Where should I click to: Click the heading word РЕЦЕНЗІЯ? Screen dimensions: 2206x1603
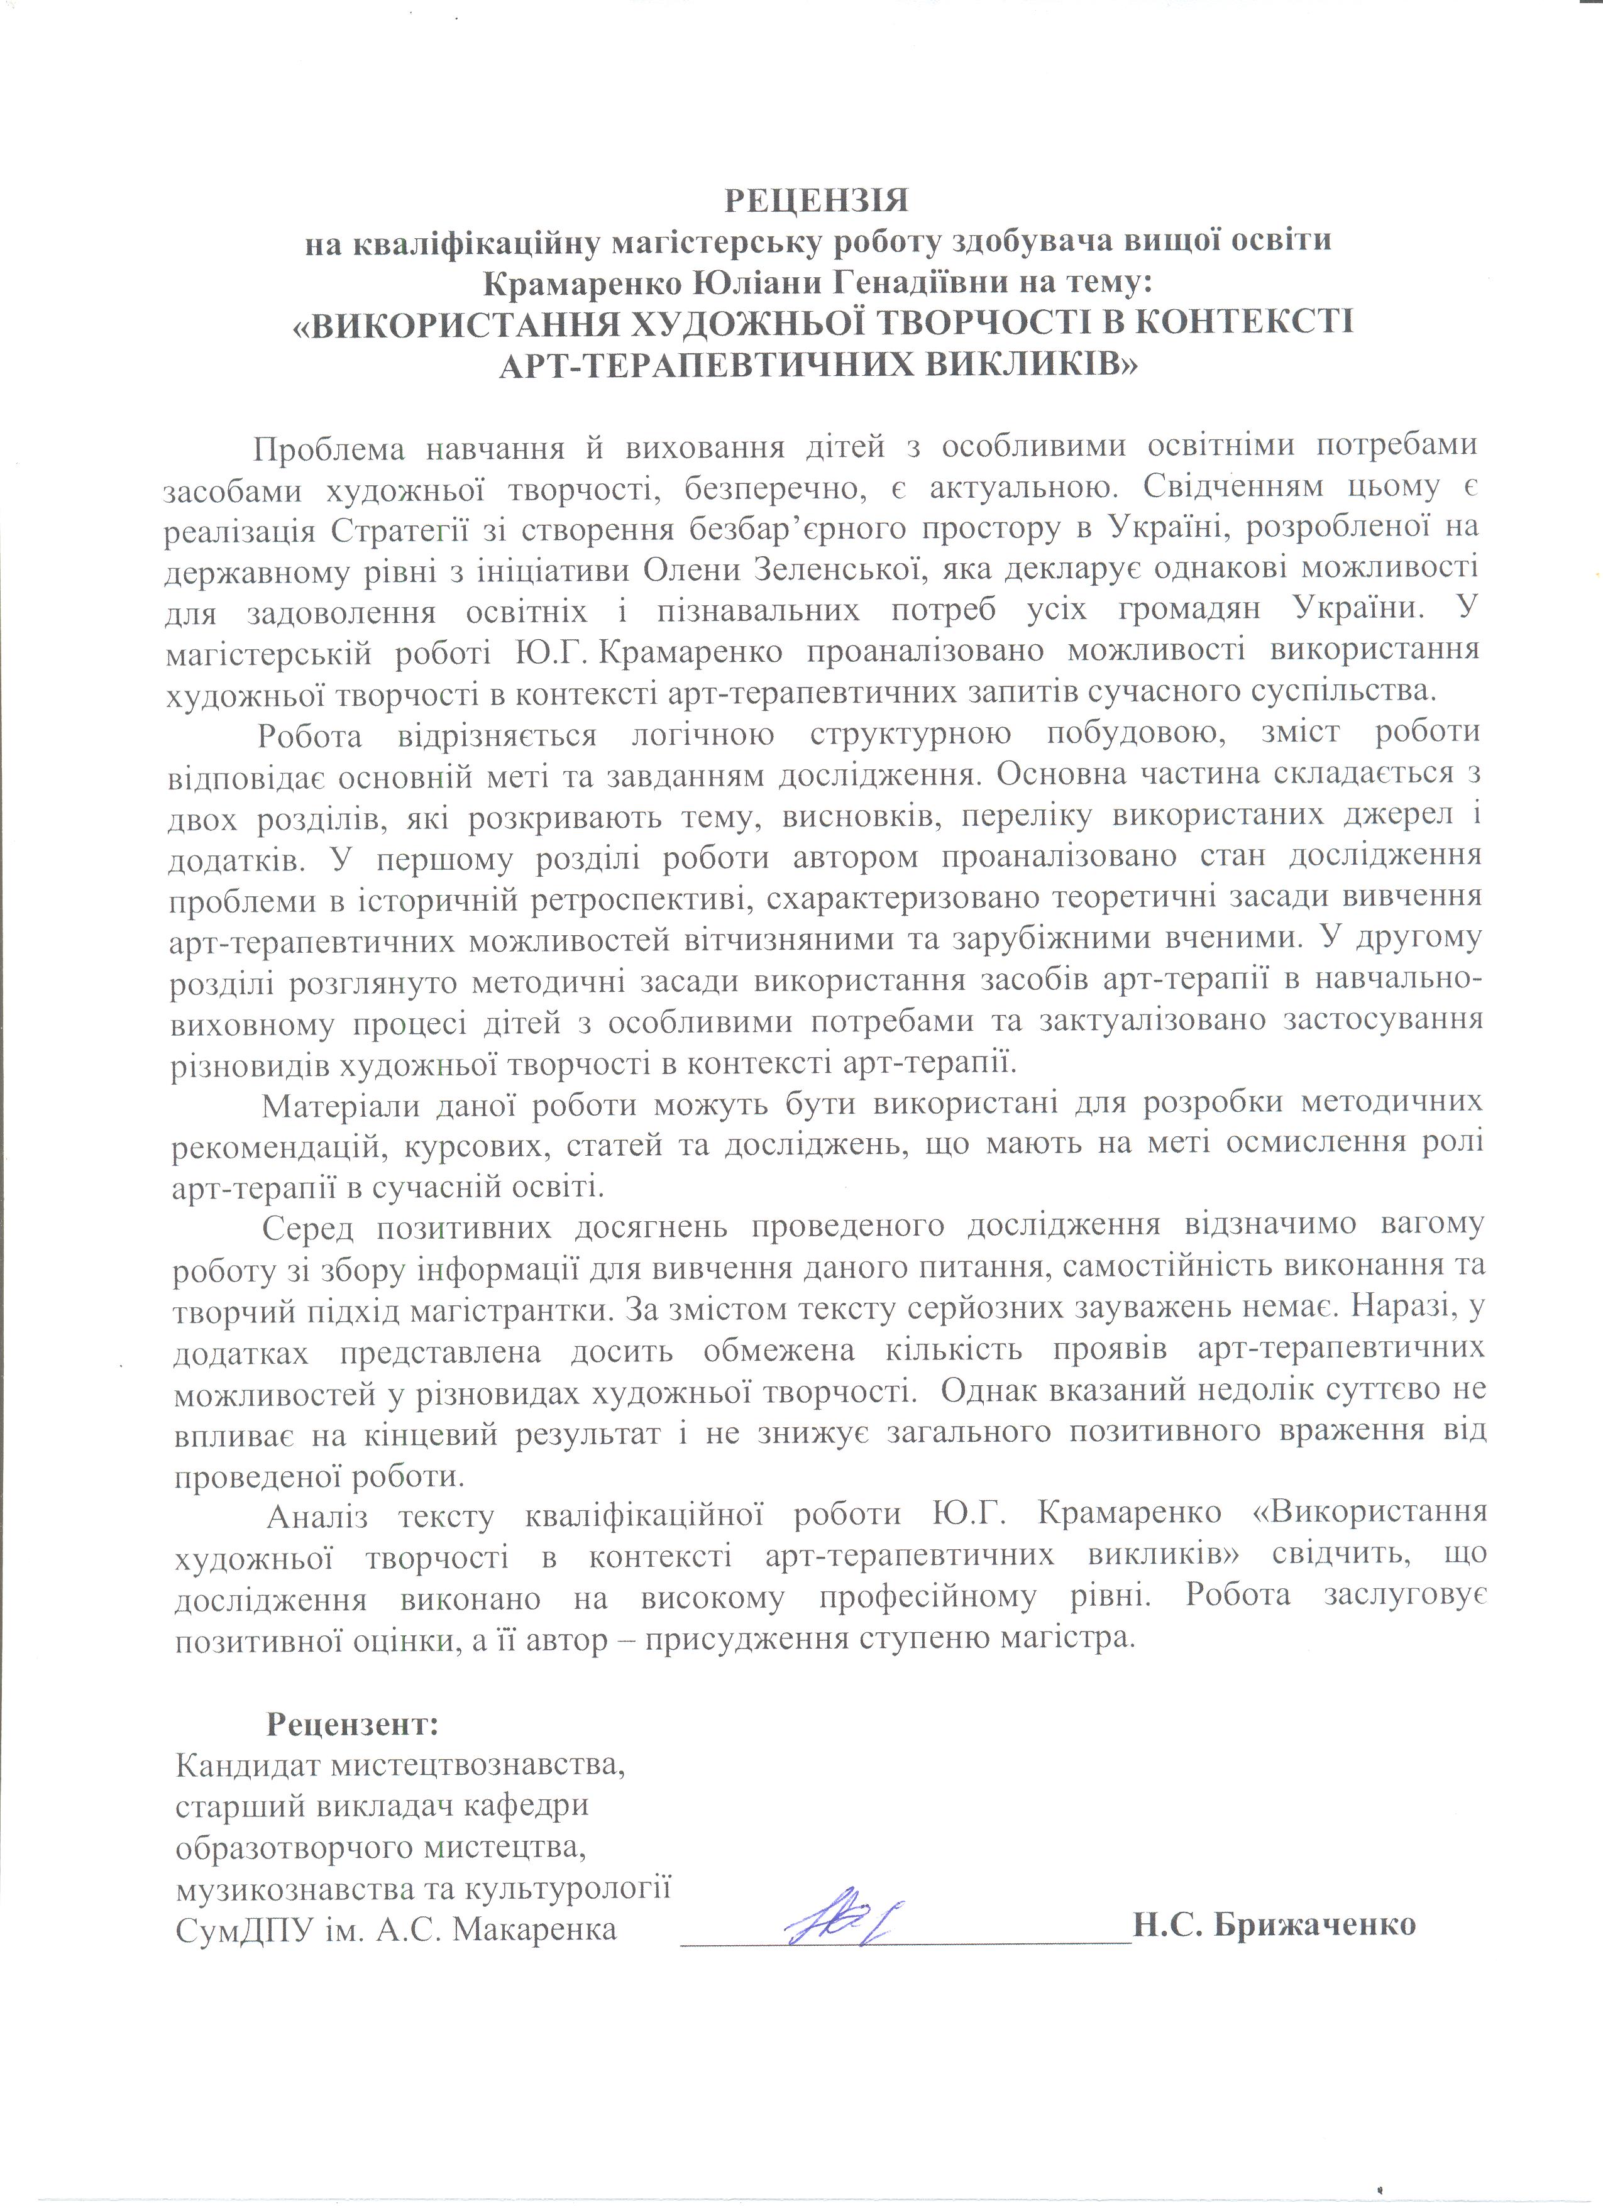[815, 200]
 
